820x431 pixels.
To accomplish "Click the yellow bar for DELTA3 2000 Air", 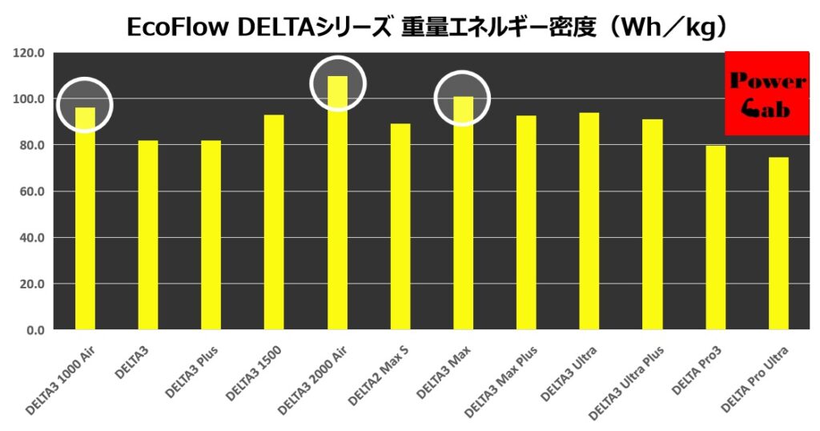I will pyautogui.click(x=337, y=208).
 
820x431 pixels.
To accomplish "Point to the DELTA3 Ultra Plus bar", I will pyautogui.click(x=653, y=225).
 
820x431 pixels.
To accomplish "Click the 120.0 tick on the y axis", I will pyautogui.click(x=29, y=54).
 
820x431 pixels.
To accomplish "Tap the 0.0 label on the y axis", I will pyautogui.click(x=34, y=330).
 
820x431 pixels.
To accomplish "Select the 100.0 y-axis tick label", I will pyautogui.click(x=29, y=99).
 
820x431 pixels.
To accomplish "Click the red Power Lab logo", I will pyautogui.click(x=766, y=94).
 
